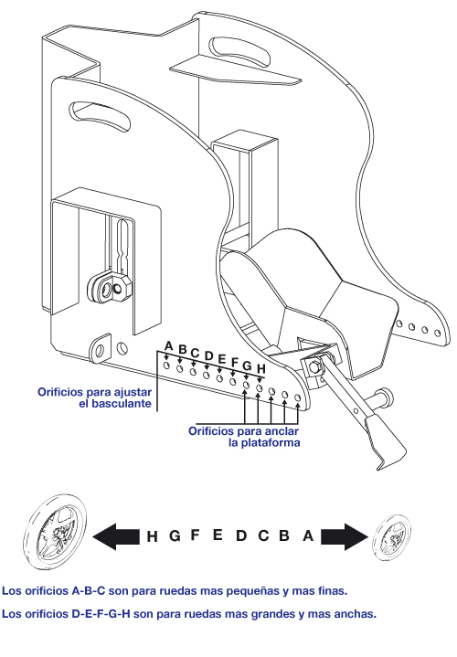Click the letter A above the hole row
(169, 346)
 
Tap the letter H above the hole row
(260, 369)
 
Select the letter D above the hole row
(208, 356)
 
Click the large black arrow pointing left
(116, 536)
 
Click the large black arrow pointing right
(345, 536)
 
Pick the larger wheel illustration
(55, 531)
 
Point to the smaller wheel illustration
(392, 537)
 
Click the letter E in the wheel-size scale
(218, 535)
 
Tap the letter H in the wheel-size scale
(153, 536)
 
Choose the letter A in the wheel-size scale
(308, 535)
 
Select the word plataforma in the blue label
(264, 443)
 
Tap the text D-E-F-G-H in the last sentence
(101, 614)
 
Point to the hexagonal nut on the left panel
(121, 287)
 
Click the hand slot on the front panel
(100, 116)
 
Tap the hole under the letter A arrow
(167, 366)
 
